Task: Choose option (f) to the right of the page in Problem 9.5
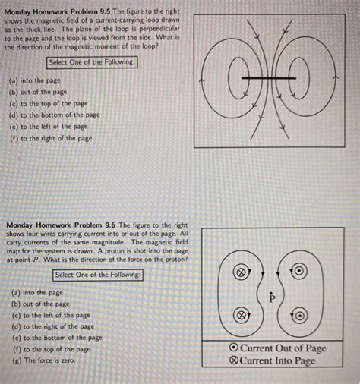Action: pos(51,138)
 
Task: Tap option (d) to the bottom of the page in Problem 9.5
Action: pos(54,115)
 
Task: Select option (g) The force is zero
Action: pos(43,360)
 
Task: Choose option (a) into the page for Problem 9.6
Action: pos(37,292)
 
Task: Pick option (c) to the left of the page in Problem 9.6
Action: pos(51,315)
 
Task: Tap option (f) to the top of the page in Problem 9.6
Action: pos(51,349)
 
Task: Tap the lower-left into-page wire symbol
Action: pos(240,313)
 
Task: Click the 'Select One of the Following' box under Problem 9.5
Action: pos(92,63)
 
